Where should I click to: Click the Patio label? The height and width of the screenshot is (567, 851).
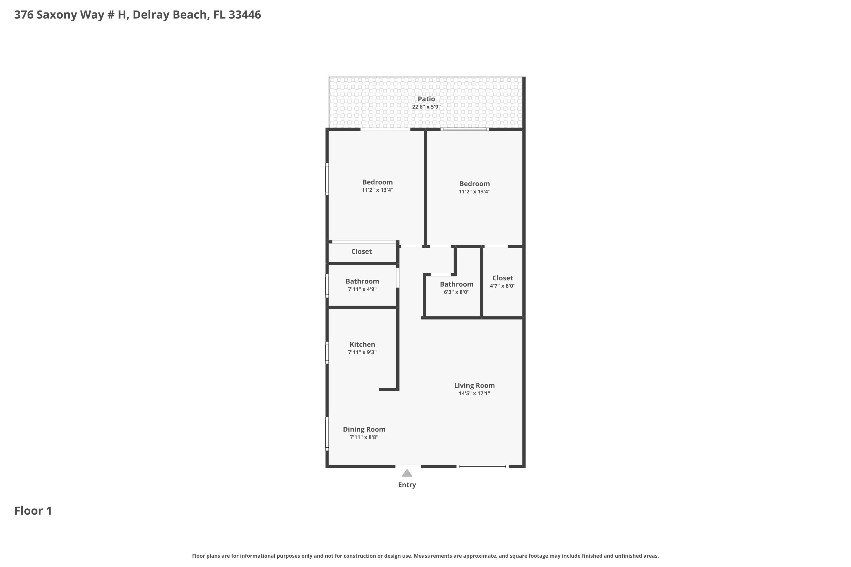[426, 99]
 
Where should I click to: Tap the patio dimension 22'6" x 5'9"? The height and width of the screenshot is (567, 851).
[426, 107]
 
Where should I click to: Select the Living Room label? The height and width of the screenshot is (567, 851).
[474, 386]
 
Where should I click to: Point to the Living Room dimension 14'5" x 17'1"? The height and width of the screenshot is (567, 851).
[474, 393]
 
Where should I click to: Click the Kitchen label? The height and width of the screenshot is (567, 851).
[362, 344]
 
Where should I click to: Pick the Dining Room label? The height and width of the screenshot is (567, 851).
[364, 430]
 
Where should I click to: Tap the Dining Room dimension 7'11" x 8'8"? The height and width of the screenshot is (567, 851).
[364, 437]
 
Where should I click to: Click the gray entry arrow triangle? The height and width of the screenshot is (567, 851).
[407, 473]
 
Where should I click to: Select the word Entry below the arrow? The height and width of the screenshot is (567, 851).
[407, 485]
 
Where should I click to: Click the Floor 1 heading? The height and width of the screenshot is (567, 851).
[33, 511]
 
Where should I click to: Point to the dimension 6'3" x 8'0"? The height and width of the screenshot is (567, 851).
[457, 292]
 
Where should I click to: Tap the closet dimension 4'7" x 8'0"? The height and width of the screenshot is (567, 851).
[503, 286]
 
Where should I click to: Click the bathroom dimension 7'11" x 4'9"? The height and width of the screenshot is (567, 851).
[362, 289]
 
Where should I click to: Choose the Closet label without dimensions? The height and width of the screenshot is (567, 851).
[361, 251]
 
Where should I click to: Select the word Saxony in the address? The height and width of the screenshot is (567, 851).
[56, 15]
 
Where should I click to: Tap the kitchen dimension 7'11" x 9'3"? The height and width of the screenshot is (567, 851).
[362, 352]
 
